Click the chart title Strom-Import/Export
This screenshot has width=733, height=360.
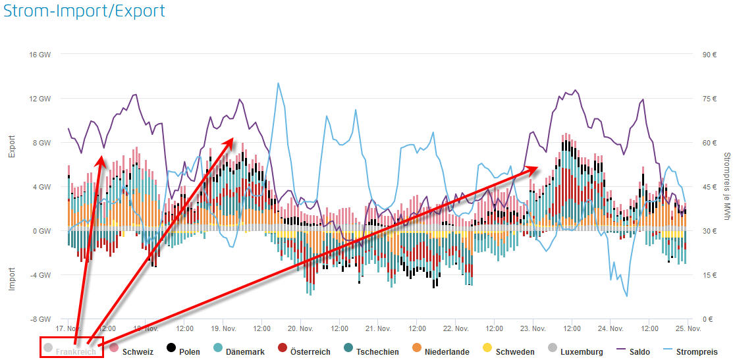point(84,11)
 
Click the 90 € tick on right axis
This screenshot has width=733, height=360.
point(709,55)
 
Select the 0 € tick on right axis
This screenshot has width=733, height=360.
point(707,319)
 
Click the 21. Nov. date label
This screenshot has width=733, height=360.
point(379,328)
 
